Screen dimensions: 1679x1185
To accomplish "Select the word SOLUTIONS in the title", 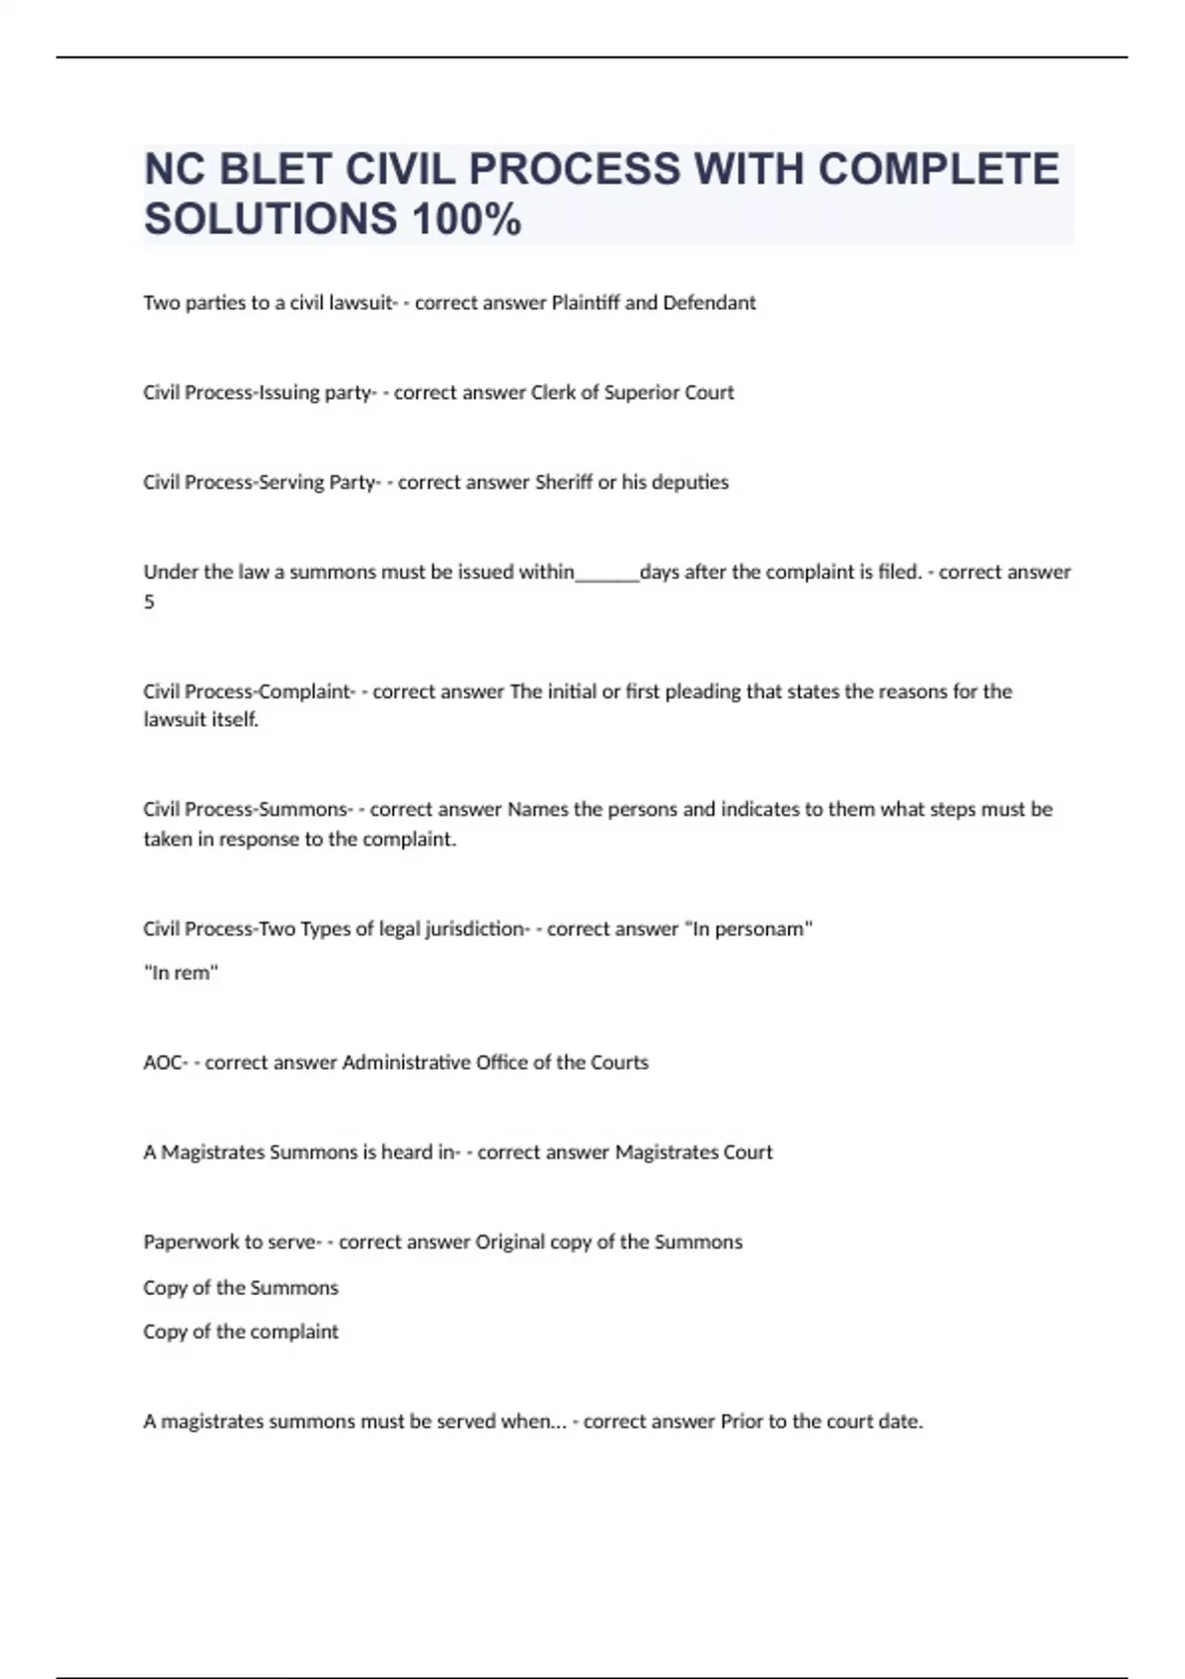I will pos(269,219).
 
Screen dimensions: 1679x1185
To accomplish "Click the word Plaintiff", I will pos(585,302).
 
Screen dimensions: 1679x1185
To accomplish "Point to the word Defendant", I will pos(709,302).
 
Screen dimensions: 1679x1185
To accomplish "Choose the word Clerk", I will pos(553,392).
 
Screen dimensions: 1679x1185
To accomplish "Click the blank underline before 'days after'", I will pos(607,574).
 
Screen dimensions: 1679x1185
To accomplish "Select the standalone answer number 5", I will pos(149,601).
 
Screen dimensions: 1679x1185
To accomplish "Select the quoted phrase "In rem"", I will pos(181,973).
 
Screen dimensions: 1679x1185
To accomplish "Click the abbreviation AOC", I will pos(163,1063).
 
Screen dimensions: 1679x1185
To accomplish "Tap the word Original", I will pos(510,1242).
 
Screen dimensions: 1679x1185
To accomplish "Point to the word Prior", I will pos(742,1421).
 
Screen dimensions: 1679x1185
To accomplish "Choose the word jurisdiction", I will pos(476,928).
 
